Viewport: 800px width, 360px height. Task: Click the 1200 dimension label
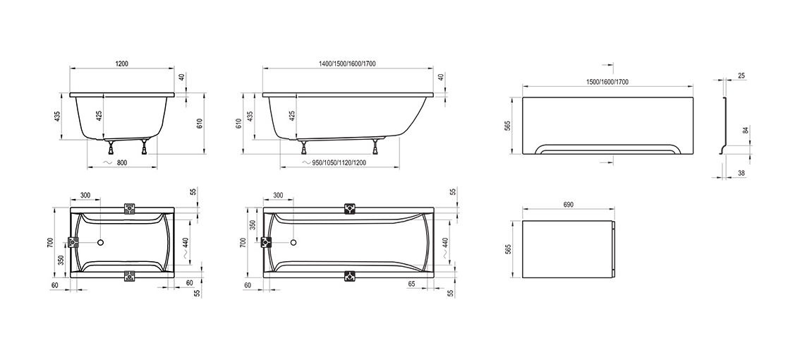[121, 64]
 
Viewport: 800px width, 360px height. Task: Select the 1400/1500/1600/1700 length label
[348, 64]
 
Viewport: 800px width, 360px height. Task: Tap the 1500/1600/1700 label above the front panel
[607, 82]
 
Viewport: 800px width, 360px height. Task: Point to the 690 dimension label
[569, 205]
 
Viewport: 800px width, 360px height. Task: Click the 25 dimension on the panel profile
[741, 76]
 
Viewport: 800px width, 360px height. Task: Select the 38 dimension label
[741, 174]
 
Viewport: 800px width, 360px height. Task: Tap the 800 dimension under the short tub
[121, 163]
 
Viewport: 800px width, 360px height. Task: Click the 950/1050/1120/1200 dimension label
[339, 163]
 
